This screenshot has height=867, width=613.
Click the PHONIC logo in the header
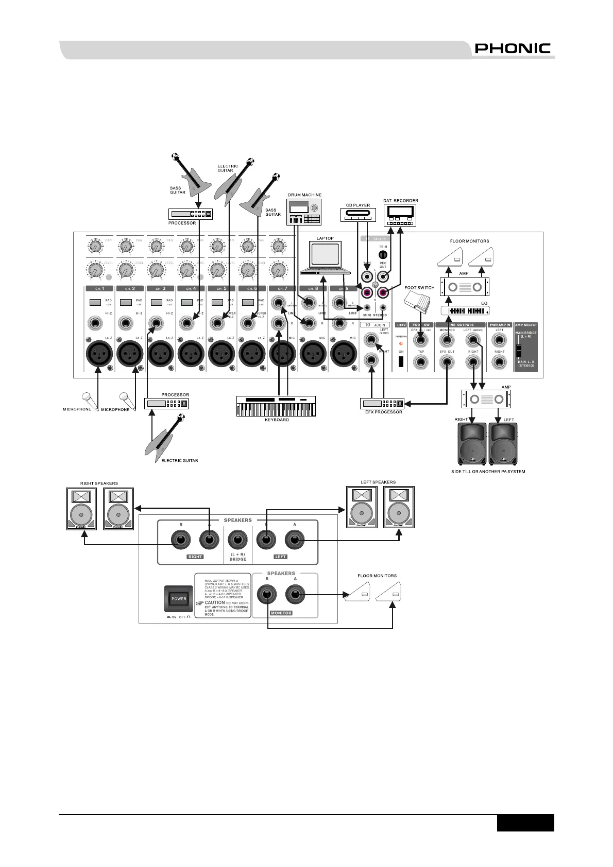[x=513, y=48]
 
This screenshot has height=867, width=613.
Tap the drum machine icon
[x=304, y=212]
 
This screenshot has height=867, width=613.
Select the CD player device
[x=359, y=215]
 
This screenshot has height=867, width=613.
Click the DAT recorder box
[x=400, y=215]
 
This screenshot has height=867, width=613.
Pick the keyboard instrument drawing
[x=276, y=406]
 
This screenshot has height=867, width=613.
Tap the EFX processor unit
[x=382, y=404]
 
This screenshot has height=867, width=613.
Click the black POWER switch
[x=179, y=599]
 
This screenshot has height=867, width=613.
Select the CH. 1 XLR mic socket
[x=99, y=354]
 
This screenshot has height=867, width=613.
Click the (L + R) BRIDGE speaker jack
[x=237, y=541]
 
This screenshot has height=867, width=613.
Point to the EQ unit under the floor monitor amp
[x=465, y=311]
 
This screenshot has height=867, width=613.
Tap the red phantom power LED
[x=401, y=343]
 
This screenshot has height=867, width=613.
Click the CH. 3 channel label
[x=160, y=289]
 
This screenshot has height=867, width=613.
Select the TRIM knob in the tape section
[x=383, y=254]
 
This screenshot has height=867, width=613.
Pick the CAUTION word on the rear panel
[x=215, y=602]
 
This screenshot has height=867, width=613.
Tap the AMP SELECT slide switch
[x=519, y=350]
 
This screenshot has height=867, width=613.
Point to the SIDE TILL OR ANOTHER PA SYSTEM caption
[x=488, y=471]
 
